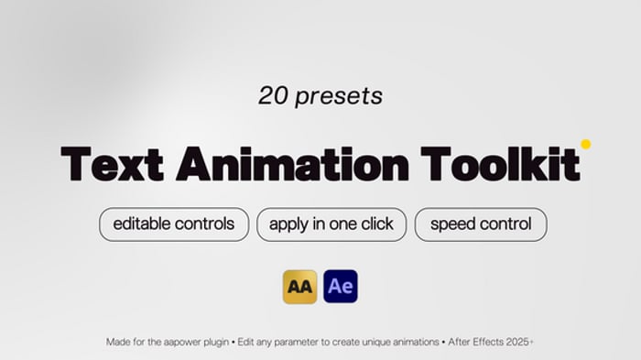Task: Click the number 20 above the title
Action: pos(273,95)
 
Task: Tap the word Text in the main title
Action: pos(113,164)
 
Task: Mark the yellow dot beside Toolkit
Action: pos(585,144)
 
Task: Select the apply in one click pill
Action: pos(331,224)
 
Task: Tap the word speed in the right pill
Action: pos(451,224)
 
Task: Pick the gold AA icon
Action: pos(300,287)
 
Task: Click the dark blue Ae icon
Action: pos(341,287)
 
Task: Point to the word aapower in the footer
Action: pos(190,342)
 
